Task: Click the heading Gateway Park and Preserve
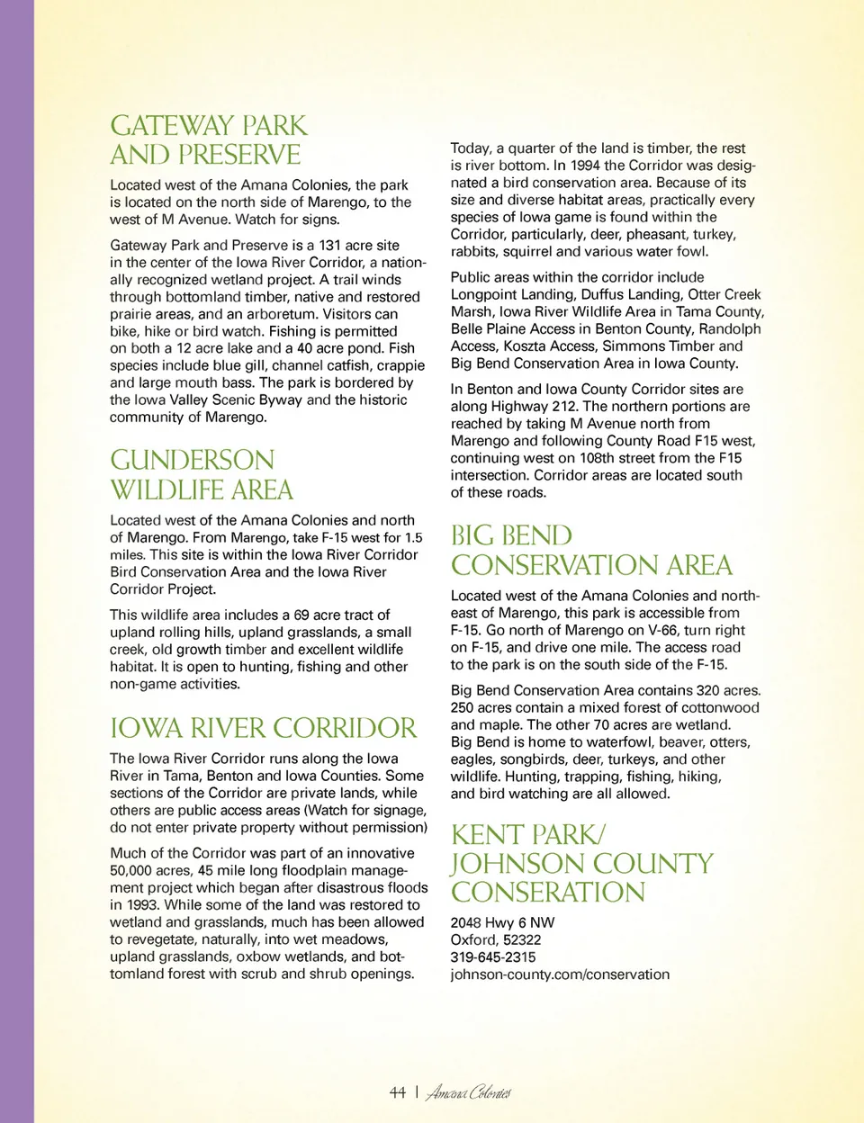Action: [x=208, y=139]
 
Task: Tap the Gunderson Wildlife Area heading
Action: [x=201, y=474]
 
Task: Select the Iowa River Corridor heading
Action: [x=264, y=727]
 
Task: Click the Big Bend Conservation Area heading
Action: [x=591, y=550]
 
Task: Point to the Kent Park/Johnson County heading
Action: [x=581, y=863]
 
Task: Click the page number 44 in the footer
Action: [x=397, y=1092]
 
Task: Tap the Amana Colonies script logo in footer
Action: [x=468, y=1093]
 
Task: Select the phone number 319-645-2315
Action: [x=492, y=957]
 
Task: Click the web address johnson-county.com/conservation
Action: [x=560, y=974]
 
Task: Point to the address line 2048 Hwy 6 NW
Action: [x=502, y=922]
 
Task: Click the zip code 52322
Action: [x=522, y=939]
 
